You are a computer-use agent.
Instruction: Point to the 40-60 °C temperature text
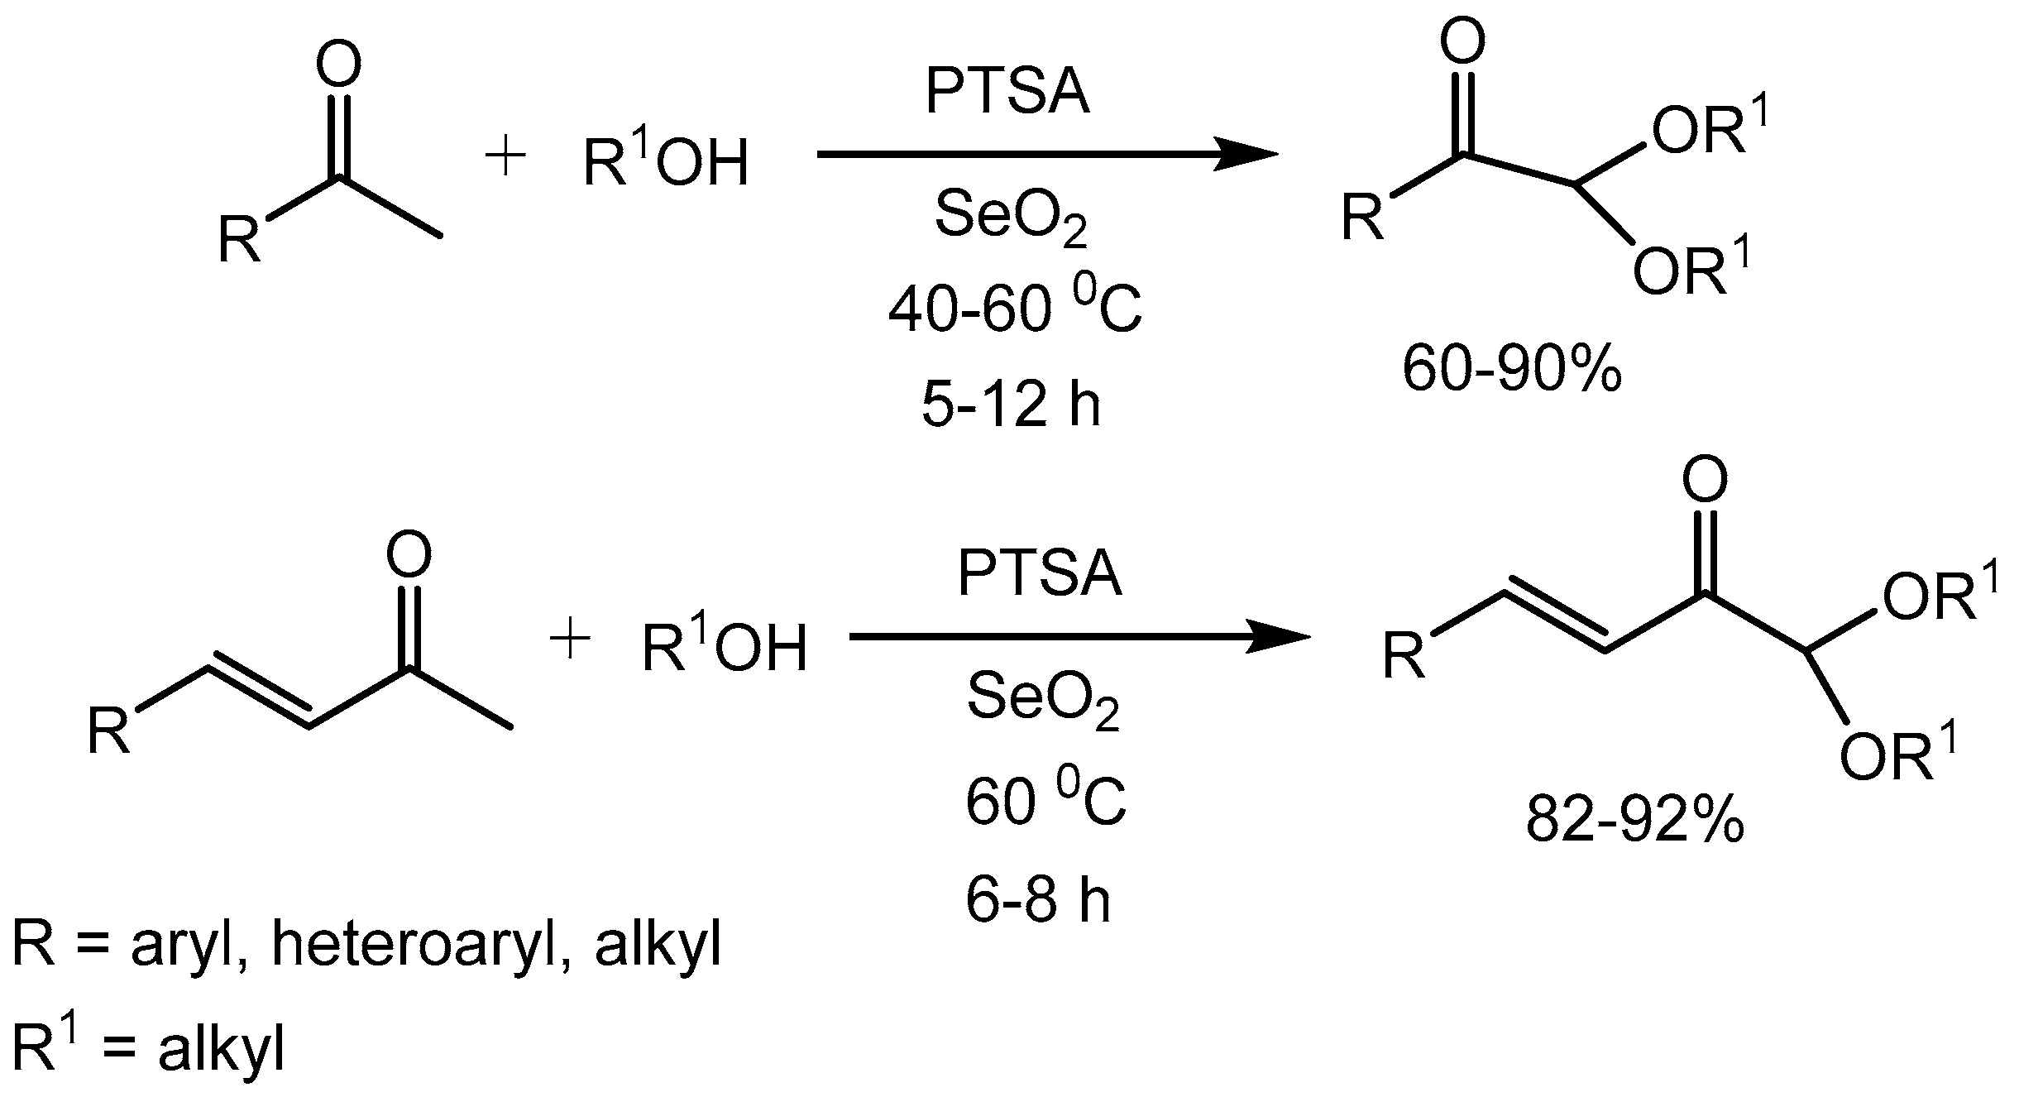point(1015,312)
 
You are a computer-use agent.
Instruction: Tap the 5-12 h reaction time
point(1011,406)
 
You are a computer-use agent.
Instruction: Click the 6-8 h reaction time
point(1038,900)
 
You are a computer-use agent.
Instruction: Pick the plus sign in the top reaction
point(505,157)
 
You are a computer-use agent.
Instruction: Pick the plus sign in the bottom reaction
point(570,641)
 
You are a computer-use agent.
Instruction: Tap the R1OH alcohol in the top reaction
point(666,160)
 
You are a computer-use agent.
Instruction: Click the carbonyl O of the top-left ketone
point(340,65)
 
